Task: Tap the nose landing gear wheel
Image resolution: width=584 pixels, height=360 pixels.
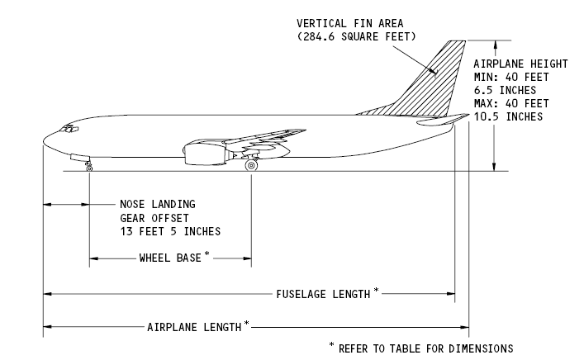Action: tap(89, 168)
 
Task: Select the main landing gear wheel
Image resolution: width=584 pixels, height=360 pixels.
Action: tap(251, 166)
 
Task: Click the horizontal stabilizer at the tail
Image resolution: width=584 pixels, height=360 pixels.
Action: tap(442, 121)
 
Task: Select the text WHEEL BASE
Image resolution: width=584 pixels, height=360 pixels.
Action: tap(169, 258)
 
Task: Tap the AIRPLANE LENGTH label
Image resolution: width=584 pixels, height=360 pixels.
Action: tap(194, 326)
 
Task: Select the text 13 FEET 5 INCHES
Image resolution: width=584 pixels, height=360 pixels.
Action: tap(170, 230)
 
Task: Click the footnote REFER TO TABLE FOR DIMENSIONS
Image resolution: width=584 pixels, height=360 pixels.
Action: tap(425, 348)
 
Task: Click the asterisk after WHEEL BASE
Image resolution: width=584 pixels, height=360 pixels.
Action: tap(206, 254)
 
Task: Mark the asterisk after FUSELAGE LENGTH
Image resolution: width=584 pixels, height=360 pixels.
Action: tap(377, 289)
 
